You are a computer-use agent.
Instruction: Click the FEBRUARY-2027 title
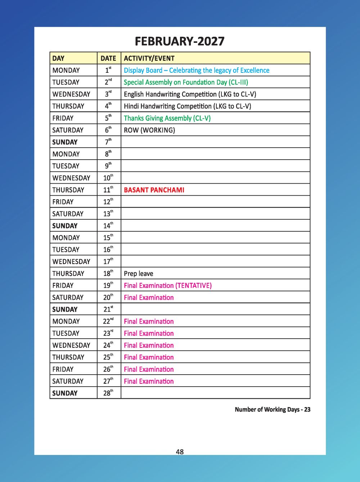[180, 41]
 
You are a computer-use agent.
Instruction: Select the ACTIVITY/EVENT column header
[149, 58]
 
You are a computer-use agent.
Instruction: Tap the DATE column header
[108, 58]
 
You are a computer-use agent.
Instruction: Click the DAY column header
[58, 58]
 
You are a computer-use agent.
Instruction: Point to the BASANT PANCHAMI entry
[154, 190]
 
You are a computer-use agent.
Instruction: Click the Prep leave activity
[139, 273]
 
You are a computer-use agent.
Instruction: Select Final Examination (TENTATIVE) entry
[168, 286]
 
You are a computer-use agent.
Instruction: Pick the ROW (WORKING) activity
[149, 130]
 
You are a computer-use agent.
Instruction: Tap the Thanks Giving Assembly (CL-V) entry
[167, 118]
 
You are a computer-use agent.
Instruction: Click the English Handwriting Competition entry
[190, 94]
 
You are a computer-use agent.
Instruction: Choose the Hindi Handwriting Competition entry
[188, 106]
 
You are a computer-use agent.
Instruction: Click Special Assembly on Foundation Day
[186, 82]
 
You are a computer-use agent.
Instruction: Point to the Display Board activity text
[197, 70]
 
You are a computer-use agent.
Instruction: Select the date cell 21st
[108, 309]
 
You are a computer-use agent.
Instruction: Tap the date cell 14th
[108, 226]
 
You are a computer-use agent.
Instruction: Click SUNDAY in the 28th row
[65, 393]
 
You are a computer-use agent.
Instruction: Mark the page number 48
[180, 452]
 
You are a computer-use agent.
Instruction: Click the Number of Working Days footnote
[273, 409]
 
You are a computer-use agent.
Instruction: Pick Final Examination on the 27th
[149, 381]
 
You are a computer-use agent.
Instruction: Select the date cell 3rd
[108, 94]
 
